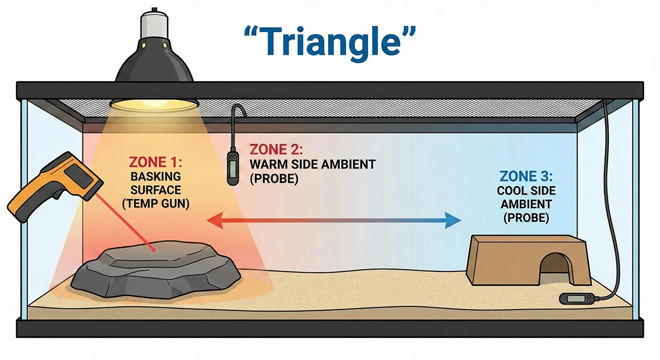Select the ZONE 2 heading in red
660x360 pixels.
276,150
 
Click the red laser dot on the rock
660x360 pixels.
153,250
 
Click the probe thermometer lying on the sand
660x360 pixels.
576,298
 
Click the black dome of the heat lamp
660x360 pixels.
155,64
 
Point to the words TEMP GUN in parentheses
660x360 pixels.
156,203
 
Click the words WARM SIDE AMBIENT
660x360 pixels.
312,165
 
